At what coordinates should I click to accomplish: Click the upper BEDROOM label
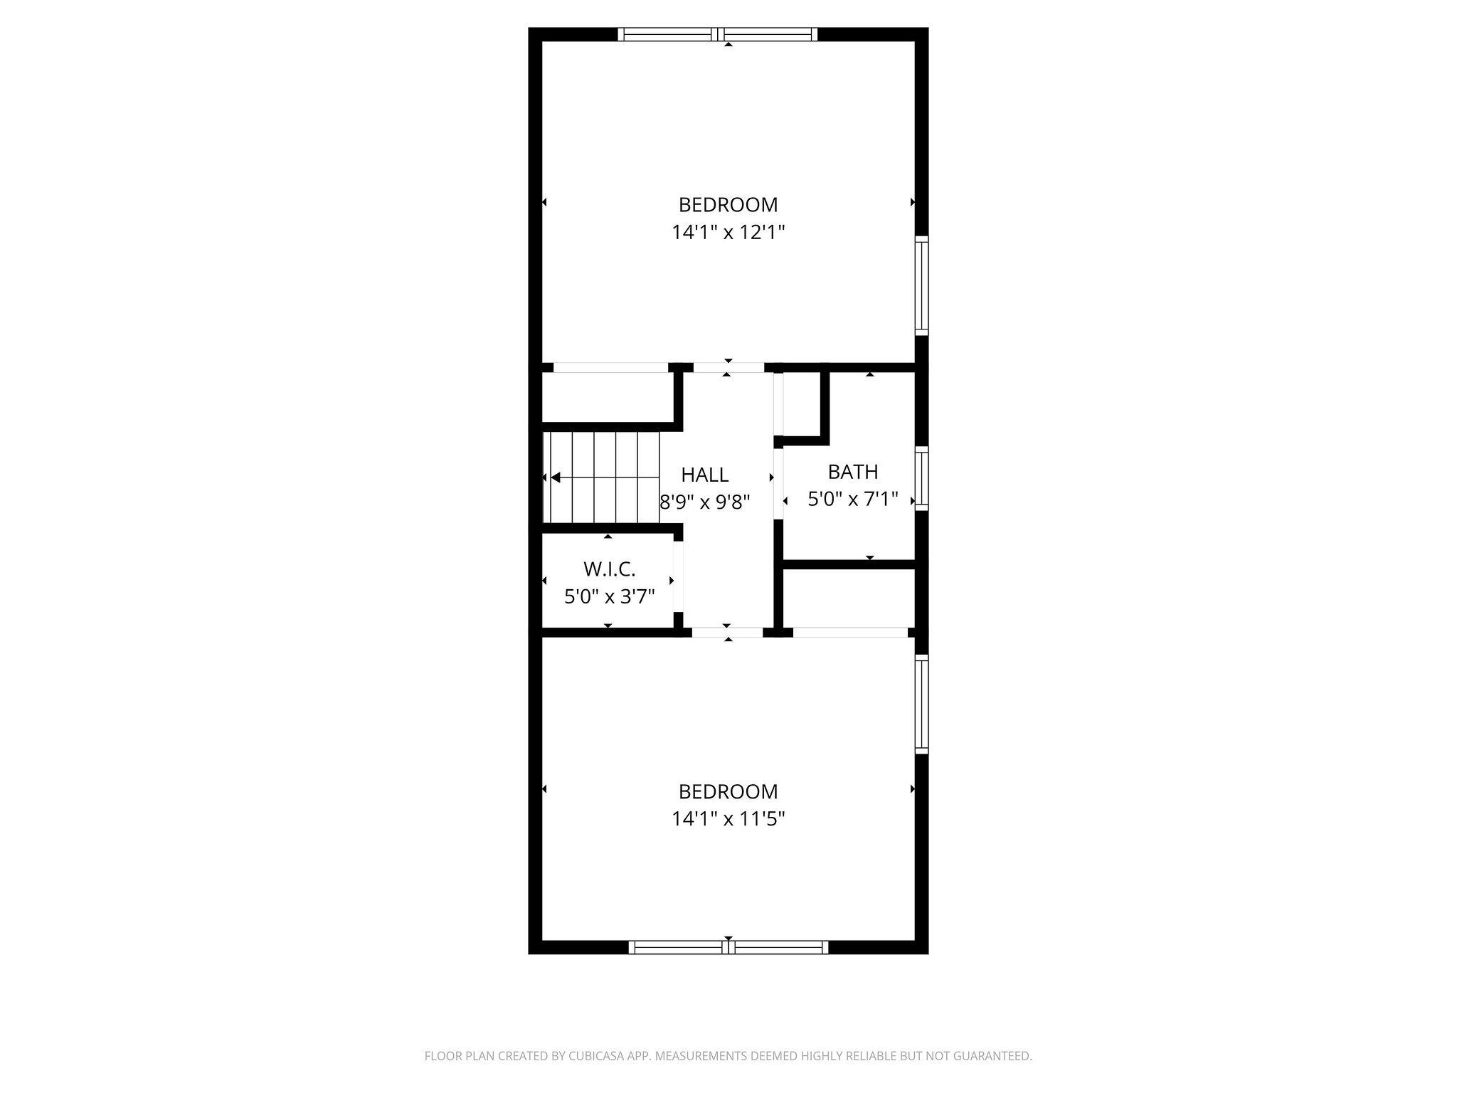(x=728, y=205)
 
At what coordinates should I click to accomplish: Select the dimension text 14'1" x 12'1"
(x=728, y=233)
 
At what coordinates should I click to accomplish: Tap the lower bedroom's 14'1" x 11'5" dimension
(x=728, y=819)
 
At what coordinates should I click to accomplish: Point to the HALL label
(x=704, y=475)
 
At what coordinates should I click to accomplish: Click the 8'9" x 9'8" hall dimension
(x=705, y=502)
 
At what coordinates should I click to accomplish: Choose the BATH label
(x=852, y=472)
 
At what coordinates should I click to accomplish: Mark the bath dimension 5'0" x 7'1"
(x=852, y=499)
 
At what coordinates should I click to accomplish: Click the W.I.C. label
(x=609, y=569)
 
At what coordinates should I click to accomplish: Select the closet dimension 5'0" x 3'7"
(x=609, y=596)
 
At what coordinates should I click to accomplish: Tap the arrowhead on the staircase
(x=556, y=477)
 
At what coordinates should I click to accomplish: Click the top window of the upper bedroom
(x=718, y=34)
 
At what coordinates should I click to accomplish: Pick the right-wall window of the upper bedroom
(x=921, y=285)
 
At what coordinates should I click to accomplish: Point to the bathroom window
(x=921, y=478)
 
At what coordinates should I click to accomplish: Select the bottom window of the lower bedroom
(x=728, y=947)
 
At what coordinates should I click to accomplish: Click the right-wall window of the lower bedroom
(x=921, y=704)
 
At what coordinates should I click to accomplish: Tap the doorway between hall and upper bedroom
(x=728, y=368)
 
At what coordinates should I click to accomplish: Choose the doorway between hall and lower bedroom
(x=727, y=632)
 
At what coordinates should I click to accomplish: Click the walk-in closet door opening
(x=678, y=576)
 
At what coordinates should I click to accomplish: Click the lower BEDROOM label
(x=728, y=791)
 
